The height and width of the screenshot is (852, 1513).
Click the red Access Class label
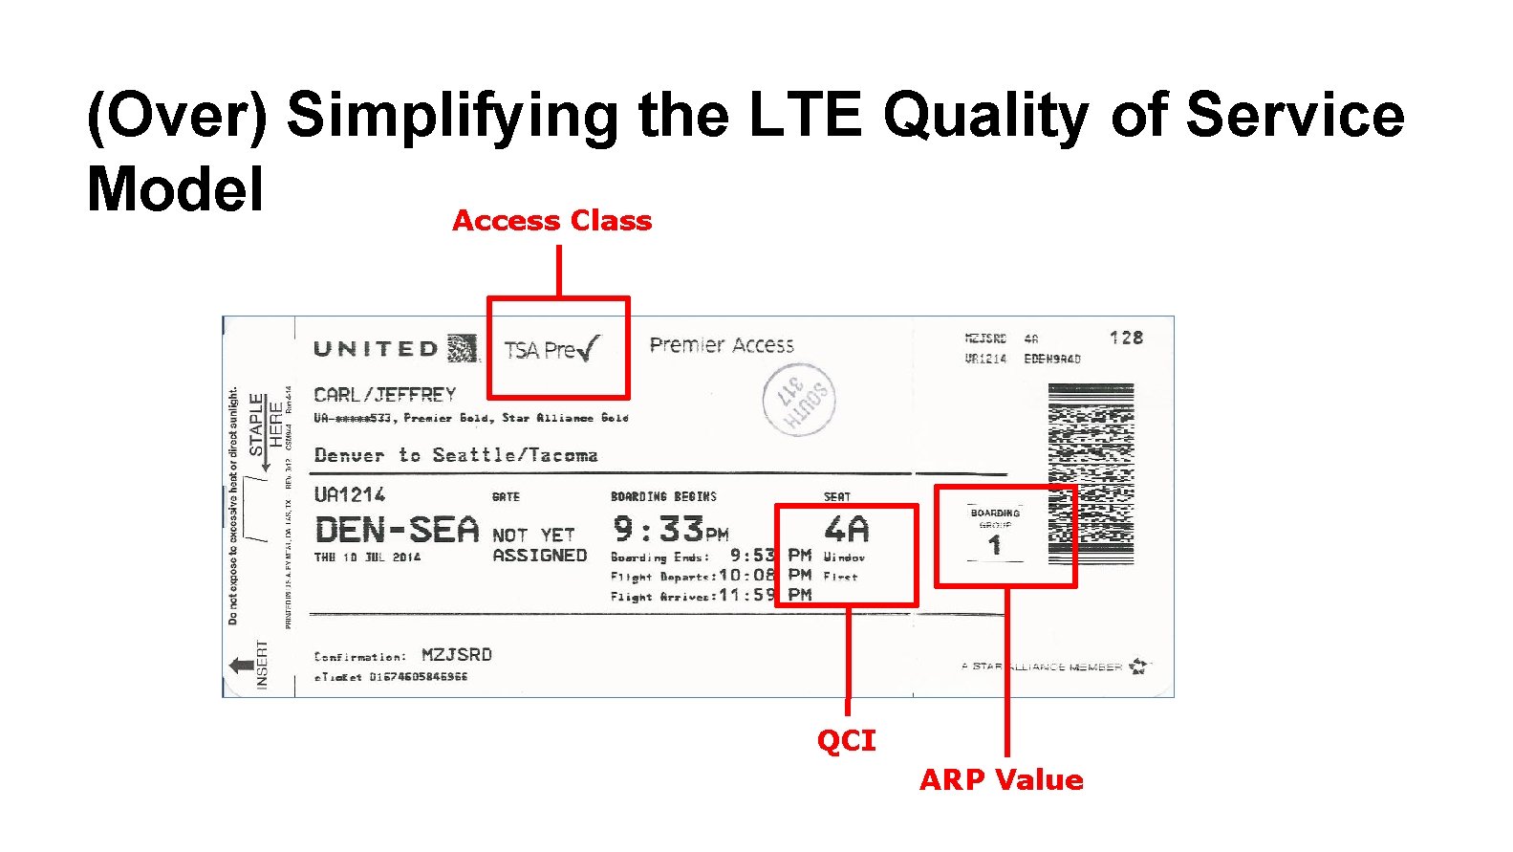[x=551, y=221]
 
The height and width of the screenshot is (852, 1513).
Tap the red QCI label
[x=846, y=740]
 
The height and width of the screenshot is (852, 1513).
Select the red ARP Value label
[x=1001, y=779]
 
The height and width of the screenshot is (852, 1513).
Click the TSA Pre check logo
[x=552, y=349]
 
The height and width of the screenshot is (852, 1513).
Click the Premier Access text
[x=722, y=345]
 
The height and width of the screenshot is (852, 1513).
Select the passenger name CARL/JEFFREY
[x=385, y=394]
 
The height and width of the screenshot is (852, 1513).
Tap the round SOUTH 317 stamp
[x=799, y=400]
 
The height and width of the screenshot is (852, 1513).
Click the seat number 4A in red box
[x=846, y=530]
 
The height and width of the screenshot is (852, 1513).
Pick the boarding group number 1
[x=995, y=546]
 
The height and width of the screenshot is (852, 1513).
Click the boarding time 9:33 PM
[x=670, y=530]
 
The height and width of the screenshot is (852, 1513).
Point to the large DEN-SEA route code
[x=397, y=530]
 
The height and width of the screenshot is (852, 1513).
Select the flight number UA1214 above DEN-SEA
[x=350, y=494]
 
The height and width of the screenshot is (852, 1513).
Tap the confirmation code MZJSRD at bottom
[x=457, y=655]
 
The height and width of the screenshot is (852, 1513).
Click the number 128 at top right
[x=1126, y=338]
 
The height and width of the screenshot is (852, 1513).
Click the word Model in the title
[x=175, y=189]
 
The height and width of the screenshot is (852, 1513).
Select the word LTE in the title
[x=805, y=115]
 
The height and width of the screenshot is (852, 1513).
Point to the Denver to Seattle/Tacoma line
[x=456, y=455]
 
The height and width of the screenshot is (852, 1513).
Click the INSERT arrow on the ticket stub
[x=243, y=665]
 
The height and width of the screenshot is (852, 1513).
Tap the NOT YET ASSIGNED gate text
[x=538, y=545]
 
